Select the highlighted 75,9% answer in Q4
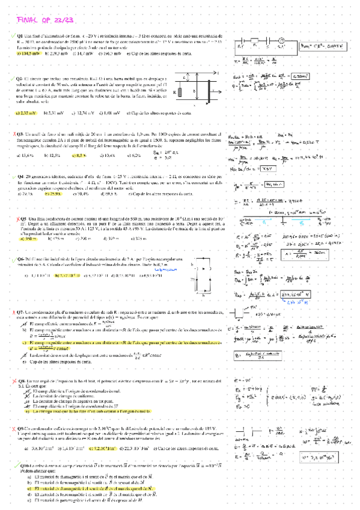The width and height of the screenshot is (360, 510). pos(55,194)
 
